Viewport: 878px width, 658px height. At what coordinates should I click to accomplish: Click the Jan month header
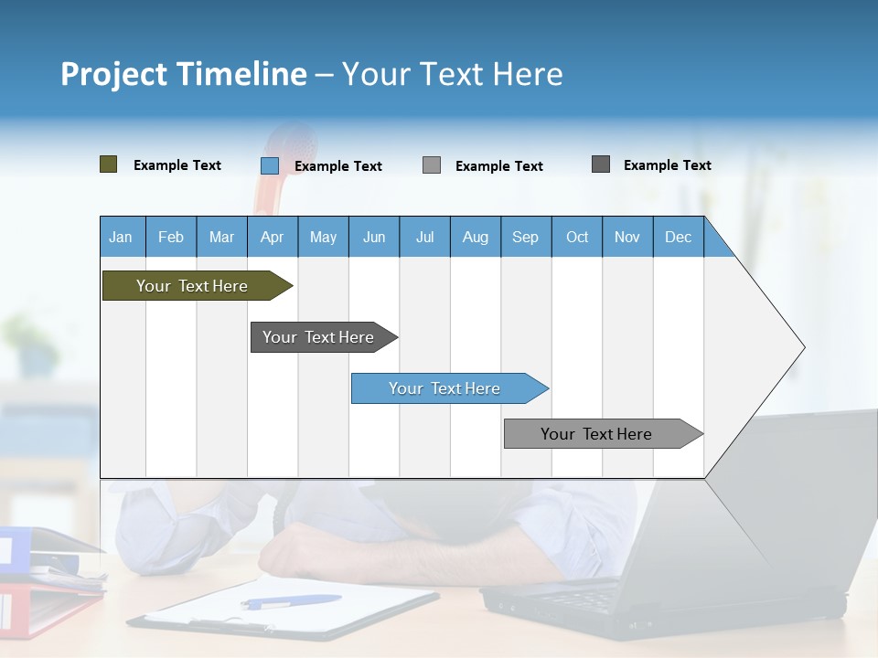(121, 237)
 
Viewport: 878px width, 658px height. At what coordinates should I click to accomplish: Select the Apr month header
(272, 237)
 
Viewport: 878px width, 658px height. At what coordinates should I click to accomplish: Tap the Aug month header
(475, 237)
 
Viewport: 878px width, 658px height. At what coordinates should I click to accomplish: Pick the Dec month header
(678, 237)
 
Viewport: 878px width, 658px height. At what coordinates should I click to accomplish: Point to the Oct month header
(576, 237)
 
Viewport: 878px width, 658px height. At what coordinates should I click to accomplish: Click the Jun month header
(373, 237)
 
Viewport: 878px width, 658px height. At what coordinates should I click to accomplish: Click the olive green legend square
(108, 164)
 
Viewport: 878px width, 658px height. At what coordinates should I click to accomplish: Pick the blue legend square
(269, 165)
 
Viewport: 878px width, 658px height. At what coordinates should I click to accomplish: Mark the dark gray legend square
(600, 164)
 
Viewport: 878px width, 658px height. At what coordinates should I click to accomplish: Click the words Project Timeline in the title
(183, 73)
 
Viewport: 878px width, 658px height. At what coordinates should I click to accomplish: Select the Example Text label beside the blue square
(337, 166)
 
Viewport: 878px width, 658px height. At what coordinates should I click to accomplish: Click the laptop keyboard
(585, 598)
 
